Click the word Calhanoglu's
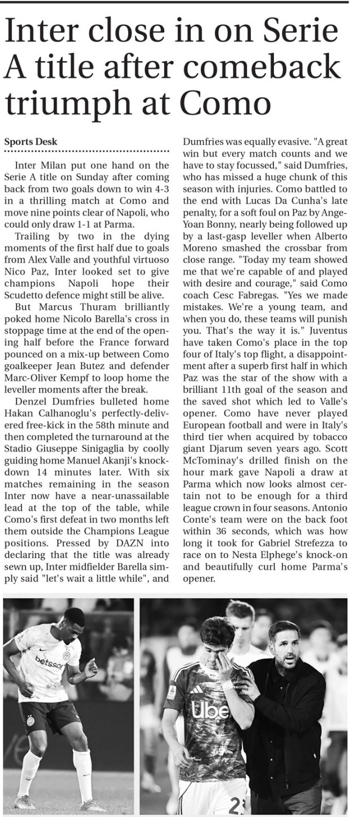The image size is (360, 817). (x=66, y=413)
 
